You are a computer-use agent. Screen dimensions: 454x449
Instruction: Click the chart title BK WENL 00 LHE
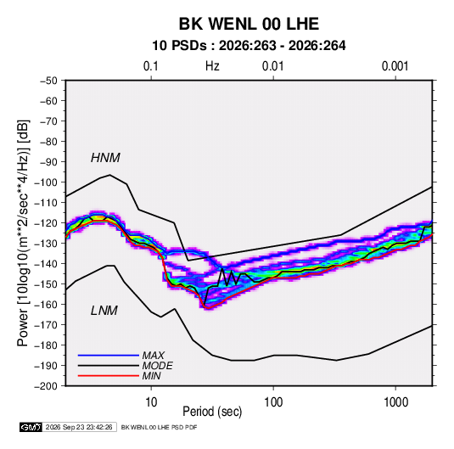tap(249, 24)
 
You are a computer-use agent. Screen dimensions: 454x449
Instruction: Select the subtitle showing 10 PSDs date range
tap(249, 46)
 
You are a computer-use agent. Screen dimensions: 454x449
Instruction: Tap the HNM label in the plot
tap(105, 158)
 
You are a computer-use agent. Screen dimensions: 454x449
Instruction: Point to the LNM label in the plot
tap(104, 311)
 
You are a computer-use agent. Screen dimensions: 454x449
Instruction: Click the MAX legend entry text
tap(154, 356)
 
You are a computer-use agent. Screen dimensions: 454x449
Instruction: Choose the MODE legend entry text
tap(158, 366)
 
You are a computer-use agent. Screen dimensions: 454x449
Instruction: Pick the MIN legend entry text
tap(151, 376)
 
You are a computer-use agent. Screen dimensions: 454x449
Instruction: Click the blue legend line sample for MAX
tap(109, 356)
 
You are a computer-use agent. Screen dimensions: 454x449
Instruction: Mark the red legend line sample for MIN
tap(109, 376)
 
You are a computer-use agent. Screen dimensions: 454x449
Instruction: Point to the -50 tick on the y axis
tap(48, 81)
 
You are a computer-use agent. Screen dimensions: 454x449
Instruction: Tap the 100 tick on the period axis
tap(273, 402)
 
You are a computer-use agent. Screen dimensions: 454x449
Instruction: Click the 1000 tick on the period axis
tap(395, 402)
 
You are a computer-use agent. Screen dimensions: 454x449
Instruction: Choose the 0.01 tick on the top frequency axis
tap(272, 66)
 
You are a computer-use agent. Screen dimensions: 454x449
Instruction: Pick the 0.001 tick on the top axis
tap(395, 66)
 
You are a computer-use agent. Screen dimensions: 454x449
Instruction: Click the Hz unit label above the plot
tap(212, 66)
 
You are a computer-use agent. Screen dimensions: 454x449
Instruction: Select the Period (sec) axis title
tap(212, 412)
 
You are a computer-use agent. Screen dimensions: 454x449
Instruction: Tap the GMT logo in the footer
tap(31, 427)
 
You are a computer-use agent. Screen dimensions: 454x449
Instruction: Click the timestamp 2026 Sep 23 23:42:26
tap(79, 427)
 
